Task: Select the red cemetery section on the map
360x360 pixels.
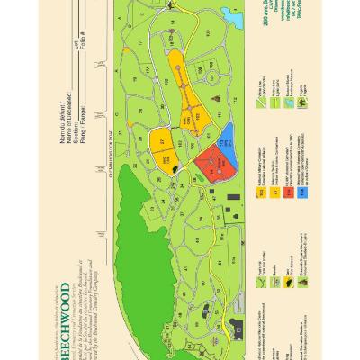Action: [x=204, y=160]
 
